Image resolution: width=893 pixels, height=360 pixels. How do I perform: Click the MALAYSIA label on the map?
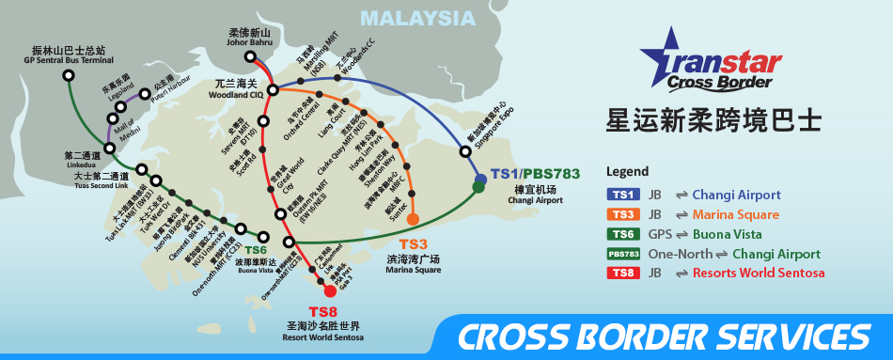(417, 19)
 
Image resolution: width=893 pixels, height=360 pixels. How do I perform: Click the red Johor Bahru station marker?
(250, 56)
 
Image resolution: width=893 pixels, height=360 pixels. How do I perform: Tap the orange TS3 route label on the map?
(414, 243)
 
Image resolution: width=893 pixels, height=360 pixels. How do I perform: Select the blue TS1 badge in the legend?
(623, 196)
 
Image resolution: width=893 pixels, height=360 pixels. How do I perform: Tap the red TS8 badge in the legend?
(623, 274)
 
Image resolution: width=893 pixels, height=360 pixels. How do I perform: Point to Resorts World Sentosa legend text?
(759, 274)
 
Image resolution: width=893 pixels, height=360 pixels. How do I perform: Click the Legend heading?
(628, 173)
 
